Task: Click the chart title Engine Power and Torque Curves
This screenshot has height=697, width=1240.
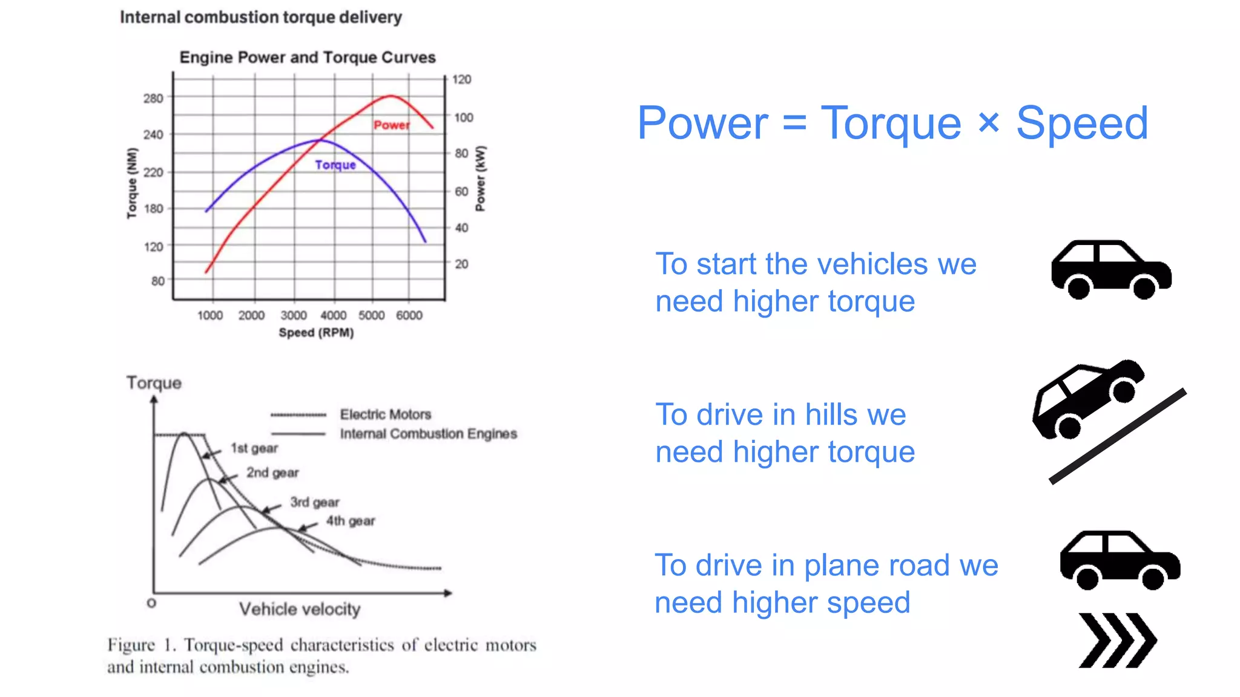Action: pyautogui.click(x=307, y=57)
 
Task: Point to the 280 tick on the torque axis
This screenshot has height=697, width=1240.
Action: pyautogui.click(x=153, y=98)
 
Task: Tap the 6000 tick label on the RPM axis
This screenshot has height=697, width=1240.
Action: pyautogui.click(x=409, y=315)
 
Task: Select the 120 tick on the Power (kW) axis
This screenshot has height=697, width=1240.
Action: pyautogui.click(x=461, y=79)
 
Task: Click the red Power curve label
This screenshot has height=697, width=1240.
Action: pyautogui.click(x=391, y=125)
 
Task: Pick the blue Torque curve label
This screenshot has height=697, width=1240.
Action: pyautogui.click(x=335, y=165)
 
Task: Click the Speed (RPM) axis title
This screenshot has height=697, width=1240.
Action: pyautogui.click(x=316, y=333)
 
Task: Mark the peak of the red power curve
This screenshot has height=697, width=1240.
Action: pyautogui.click(x=391, y=96)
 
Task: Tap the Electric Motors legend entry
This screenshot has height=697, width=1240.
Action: pyautogui.click(x=385, y=414)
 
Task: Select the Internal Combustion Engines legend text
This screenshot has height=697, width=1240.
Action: pyautogui.click(x=428, y=434)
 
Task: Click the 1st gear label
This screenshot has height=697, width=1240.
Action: pyautogui.click(x=254, y=448)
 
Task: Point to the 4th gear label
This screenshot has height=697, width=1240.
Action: pyautogui.click(x=351, y=521)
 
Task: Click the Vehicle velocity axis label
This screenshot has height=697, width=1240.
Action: pyautogui.click(x=300, y=609)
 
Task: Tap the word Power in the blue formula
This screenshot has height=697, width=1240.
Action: pyautogui.click(x=702, y=123)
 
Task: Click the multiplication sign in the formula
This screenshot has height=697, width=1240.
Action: pyautogui.click(x=988, y=123)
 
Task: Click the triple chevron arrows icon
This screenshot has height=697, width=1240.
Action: pyautogui.click(x=1117, y=640)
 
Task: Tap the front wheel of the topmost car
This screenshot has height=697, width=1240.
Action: pyautogui.click(x=1144, y=287)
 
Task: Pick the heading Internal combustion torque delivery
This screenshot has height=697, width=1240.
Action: pyautogui.click(x=260, y=18)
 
